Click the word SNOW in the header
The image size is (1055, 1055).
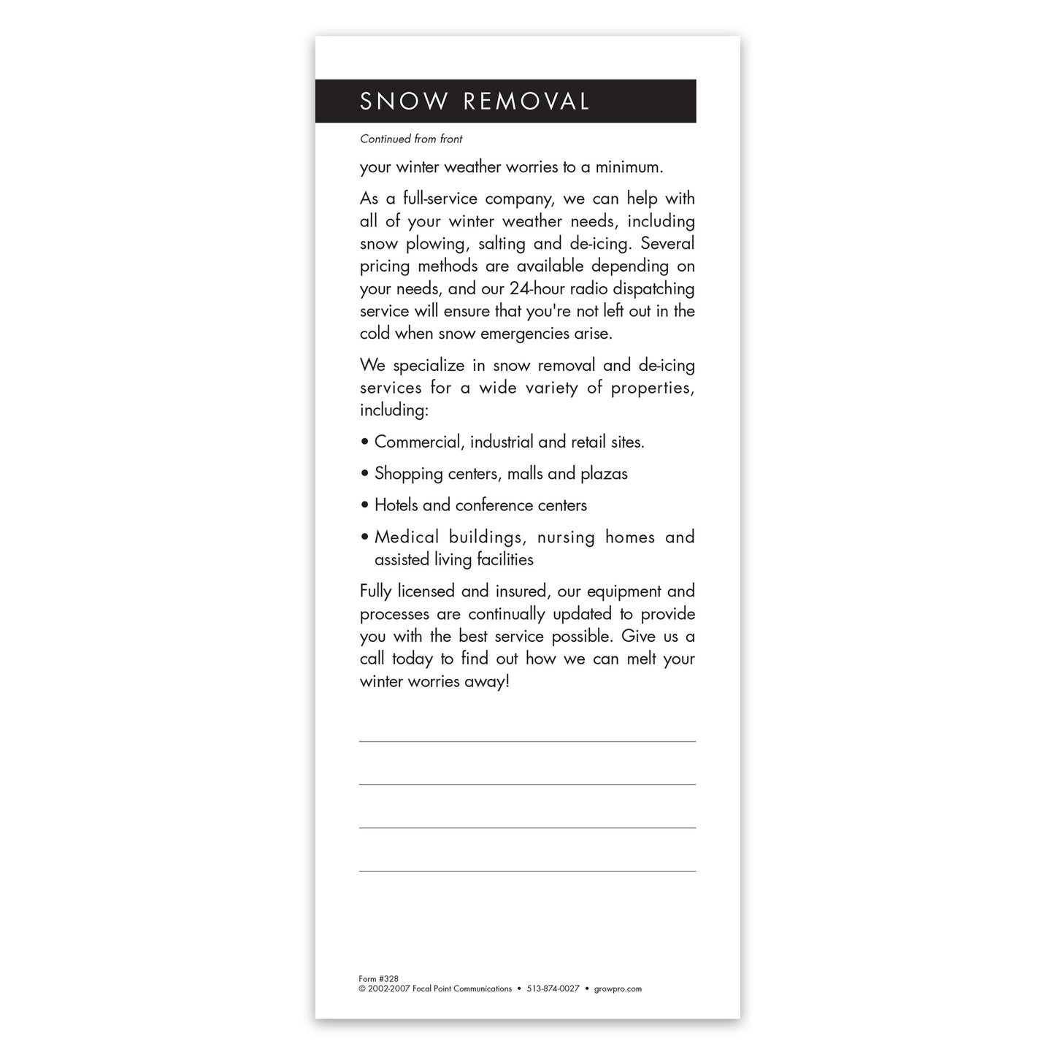404,101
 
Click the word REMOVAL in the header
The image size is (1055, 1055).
526,101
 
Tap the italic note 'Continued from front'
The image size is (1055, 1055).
411,139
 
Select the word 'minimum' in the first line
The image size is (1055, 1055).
627,167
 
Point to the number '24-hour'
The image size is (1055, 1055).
537,288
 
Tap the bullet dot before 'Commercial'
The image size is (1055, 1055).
364,442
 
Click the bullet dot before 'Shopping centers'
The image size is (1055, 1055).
364,474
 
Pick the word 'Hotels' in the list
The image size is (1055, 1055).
396,505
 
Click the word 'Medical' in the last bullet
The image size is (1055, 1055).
407,537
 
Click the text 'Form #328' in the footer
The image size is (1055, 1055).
379,979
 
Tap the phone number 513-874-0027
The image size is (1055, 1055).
553,989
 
